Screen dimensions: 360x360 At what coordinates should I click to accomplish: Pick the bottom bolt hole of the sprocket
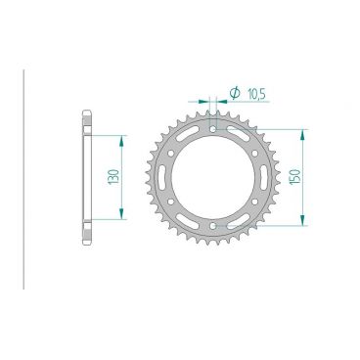211,231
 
